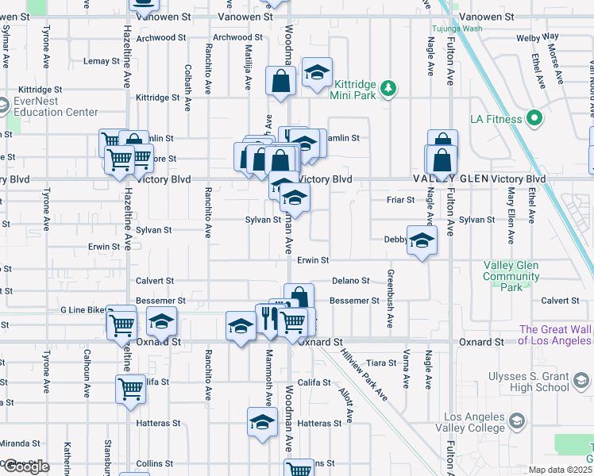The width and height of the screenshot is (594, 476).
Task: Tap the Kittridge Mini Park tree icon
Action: click(388, 87)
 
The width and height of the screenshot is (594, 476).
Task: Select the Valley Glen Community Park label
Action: click(511, 271)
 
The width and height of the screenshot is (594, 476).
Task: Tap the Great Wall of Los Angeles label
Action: click(555, 335)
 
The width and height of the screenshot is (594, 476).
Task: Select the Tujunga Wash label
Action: click(457, 28)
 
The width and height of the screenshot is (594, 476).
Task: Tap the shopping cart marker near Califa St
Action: click(131, 389)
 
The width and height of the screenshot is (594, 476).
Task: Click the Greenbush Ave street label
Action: click(391, 299)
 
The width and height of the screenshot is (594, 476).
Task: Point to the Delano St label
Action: click(351, 281)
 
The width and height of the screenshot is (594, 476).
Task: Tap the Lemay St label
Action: click(101, 61)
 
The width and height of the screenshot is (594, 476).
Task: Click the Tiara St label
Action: click(381, 363)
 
